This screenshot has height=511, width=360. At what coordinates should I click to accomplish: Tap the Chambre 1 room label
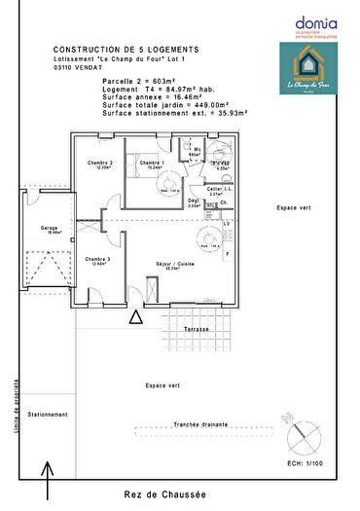149,164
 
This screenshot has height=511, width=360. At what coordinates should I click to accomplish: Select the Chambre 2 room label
100,164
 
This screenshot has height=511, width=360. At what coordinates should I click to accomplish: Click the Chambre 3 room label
96,260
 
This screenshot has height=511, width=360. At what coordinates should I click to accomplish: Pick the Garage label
50,230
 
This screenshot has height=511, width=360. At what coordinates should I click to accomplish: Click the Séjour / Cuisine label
176,264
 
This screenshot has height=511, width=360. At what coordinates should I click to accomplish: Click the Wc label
196,150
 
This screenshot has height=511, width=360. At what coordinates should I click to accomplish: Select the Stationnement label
50,414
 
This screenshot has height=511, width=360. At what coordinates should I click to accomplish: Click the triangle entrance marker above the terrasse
136,316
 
